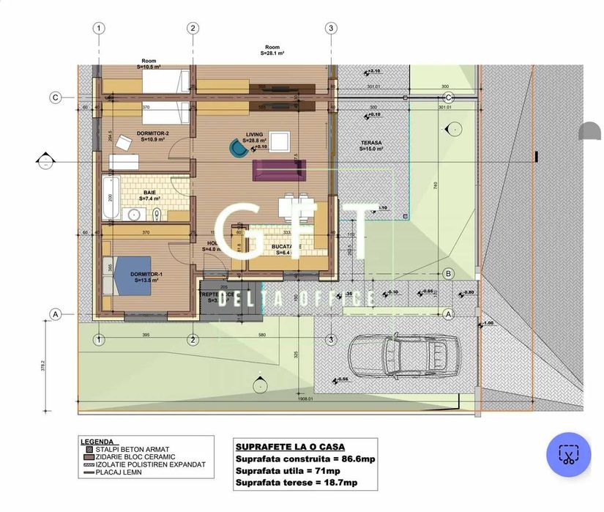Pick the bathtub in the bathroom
click(x=111, y=196)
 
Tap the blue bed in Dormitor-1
click(x=131, y=274)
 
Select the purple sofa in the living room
click(x=277, y=170)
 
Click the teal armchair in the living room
click(x=238, y=149)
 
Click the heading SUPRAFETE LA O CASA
click(x=290, y=446)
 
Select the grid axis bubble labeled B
click(x=448, y=273)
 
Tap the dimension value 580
click(x=262, y=335)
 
